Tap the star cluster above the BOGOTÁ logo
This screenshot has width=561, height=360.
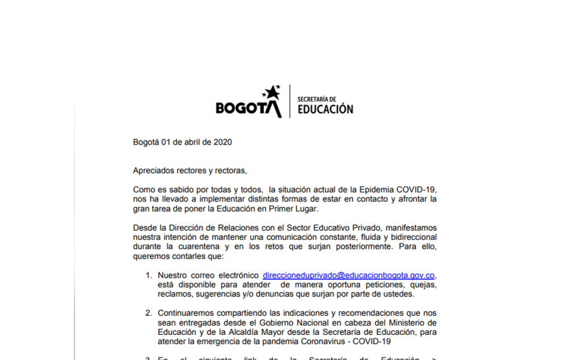271,93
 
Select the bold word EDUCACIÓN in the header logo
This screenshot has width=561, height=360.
325,109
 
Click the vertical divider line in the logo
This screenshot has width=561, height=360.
289,101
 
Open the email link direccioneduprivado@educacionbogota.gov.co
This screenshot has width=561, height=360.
348,275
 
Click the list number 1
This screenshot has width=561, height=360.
148,275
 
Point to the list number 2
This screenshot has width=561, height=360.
148,313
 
